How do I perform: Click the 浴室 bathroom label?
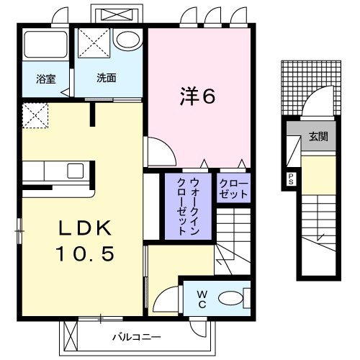[45, 78]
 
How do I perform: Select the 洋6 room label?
[197, 96]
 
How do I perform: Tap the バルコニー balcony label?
[131, 336]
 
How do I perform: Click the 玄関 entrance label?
[318, 136]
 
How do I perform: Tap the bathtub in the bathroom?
[44, 46]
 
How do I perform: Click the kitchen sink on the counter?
[76, 171]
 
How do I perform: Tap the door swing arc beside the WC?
[165, 295]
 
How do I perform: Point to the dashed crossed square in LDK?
[35, 116]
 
